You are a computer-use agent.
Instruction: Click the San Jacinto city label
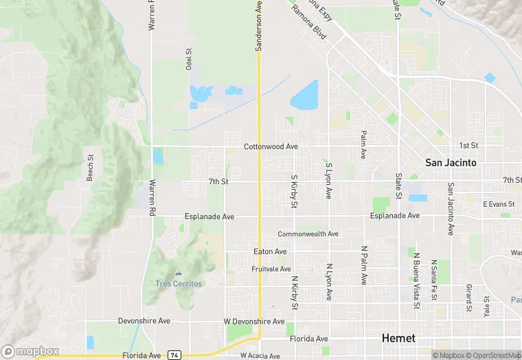point(451,163)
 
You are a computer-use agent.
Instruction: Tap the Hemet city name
point(398,338)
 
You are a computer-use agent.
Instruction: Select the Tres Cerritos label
point(178,284)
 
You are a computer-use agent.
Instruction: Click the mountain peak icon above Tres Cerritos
point(178,273)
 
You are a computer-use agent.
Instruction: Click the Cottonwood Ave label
point(271,147)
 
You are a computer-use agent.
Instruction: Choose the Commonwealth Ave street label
point(308,234)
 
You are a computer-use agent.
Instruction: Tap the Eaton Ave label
point(270,252)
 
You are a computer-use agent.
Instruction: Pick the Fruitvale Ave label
point(271,269)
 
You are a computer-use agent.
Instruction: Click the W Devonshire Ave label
point(254,322)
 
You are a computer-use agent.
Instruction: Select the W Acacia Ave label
point(260,356)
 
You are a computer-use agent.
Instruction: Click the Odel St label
point(188,59)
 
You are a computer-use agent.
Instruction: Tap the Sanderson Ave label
point(259,25)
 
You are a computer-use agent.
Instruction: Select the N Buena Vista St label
point(416,280)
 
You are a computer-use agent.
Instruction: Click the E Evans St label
point(498,204)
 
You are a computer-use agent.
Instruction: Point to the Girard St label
point(468,297)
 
